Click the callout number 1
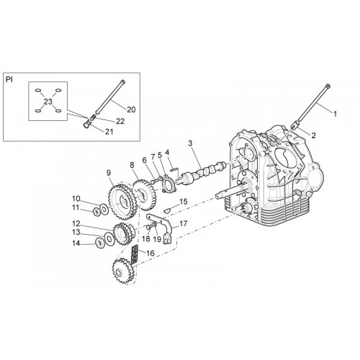pos(335,114)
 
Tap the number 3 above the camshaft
pos(190,143)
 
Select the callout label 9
pos(109,173)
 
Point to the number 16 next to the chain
pos(150,253)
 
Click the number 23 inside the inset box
pos(48,102)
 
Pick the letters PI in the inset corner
pos(9,80)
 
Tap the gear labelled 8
pos(145,194)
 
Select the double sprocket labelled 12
pos(124,233)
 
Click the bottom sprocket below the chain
pos(122,271)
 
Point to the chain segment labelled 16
pos(134,254)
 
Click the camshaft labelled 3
pos(203,171)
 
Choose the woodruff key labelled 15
pos(167,211)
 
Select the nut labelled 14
pos(99,243)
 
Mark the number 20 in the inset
pos(131,109)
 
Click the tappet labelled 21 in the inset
pos(87,125)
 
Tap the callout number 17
pos(183,224)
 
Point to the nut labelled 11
pos(97,212)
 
